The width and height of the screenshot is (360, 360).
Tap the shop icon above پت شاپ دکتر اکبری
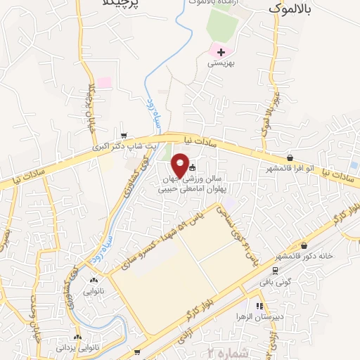pos(124,136)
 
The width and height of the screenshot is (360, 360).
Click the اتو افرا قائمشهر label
pos(290,169)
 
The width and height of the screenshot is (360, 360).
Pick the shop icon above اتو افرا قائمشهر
pos(290,158)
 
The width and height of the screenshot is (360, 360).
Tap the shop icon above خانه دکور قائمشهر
pos(304,246)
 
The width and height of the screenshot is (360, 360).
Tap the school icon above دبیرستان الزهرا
pos(259,306)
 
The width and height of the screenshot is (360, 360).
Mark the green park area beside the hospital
pos(223,25)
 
